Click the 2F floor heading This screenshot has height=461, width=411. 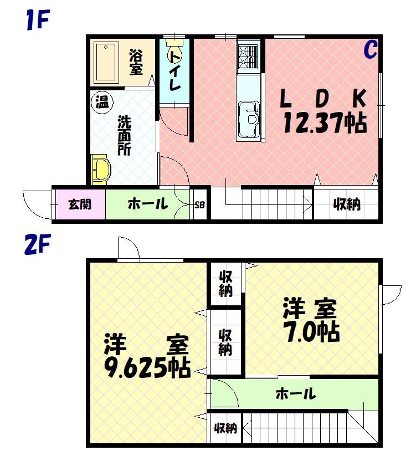point(38,244)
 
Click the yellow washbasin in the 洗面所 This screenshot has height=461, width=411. point(101,168)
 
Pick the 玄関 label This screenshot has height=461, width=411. point(79,204)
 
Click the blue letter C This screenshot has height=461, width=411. point(370,50)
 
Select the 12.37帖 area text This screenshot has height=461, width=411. point(324,122)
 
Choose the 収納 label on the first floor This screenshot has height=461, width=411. point(347,204)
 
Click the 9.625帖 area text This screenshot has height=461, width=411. point(147,366)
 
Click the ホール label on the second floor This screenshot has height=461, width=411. point(295,395)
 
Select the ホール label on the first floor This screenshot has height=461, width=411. point(147,204)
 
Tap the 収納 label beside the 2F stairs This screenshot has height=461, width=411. point(226,428)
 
